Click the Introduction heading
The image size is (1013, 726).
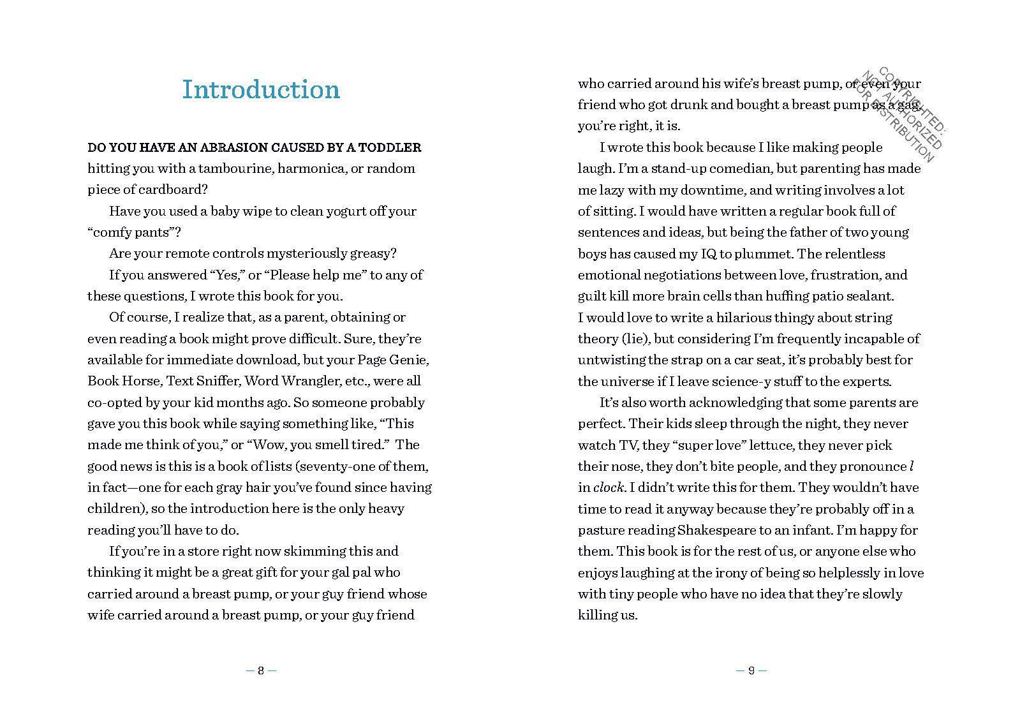[261, 90]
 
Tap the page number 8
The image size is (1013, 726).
[261, 670]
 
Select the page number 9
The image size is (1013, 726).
[751, 670]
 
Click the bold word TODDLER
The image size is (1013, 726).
[391, 147]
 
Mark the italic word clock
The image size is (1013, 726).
[608, 488]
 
